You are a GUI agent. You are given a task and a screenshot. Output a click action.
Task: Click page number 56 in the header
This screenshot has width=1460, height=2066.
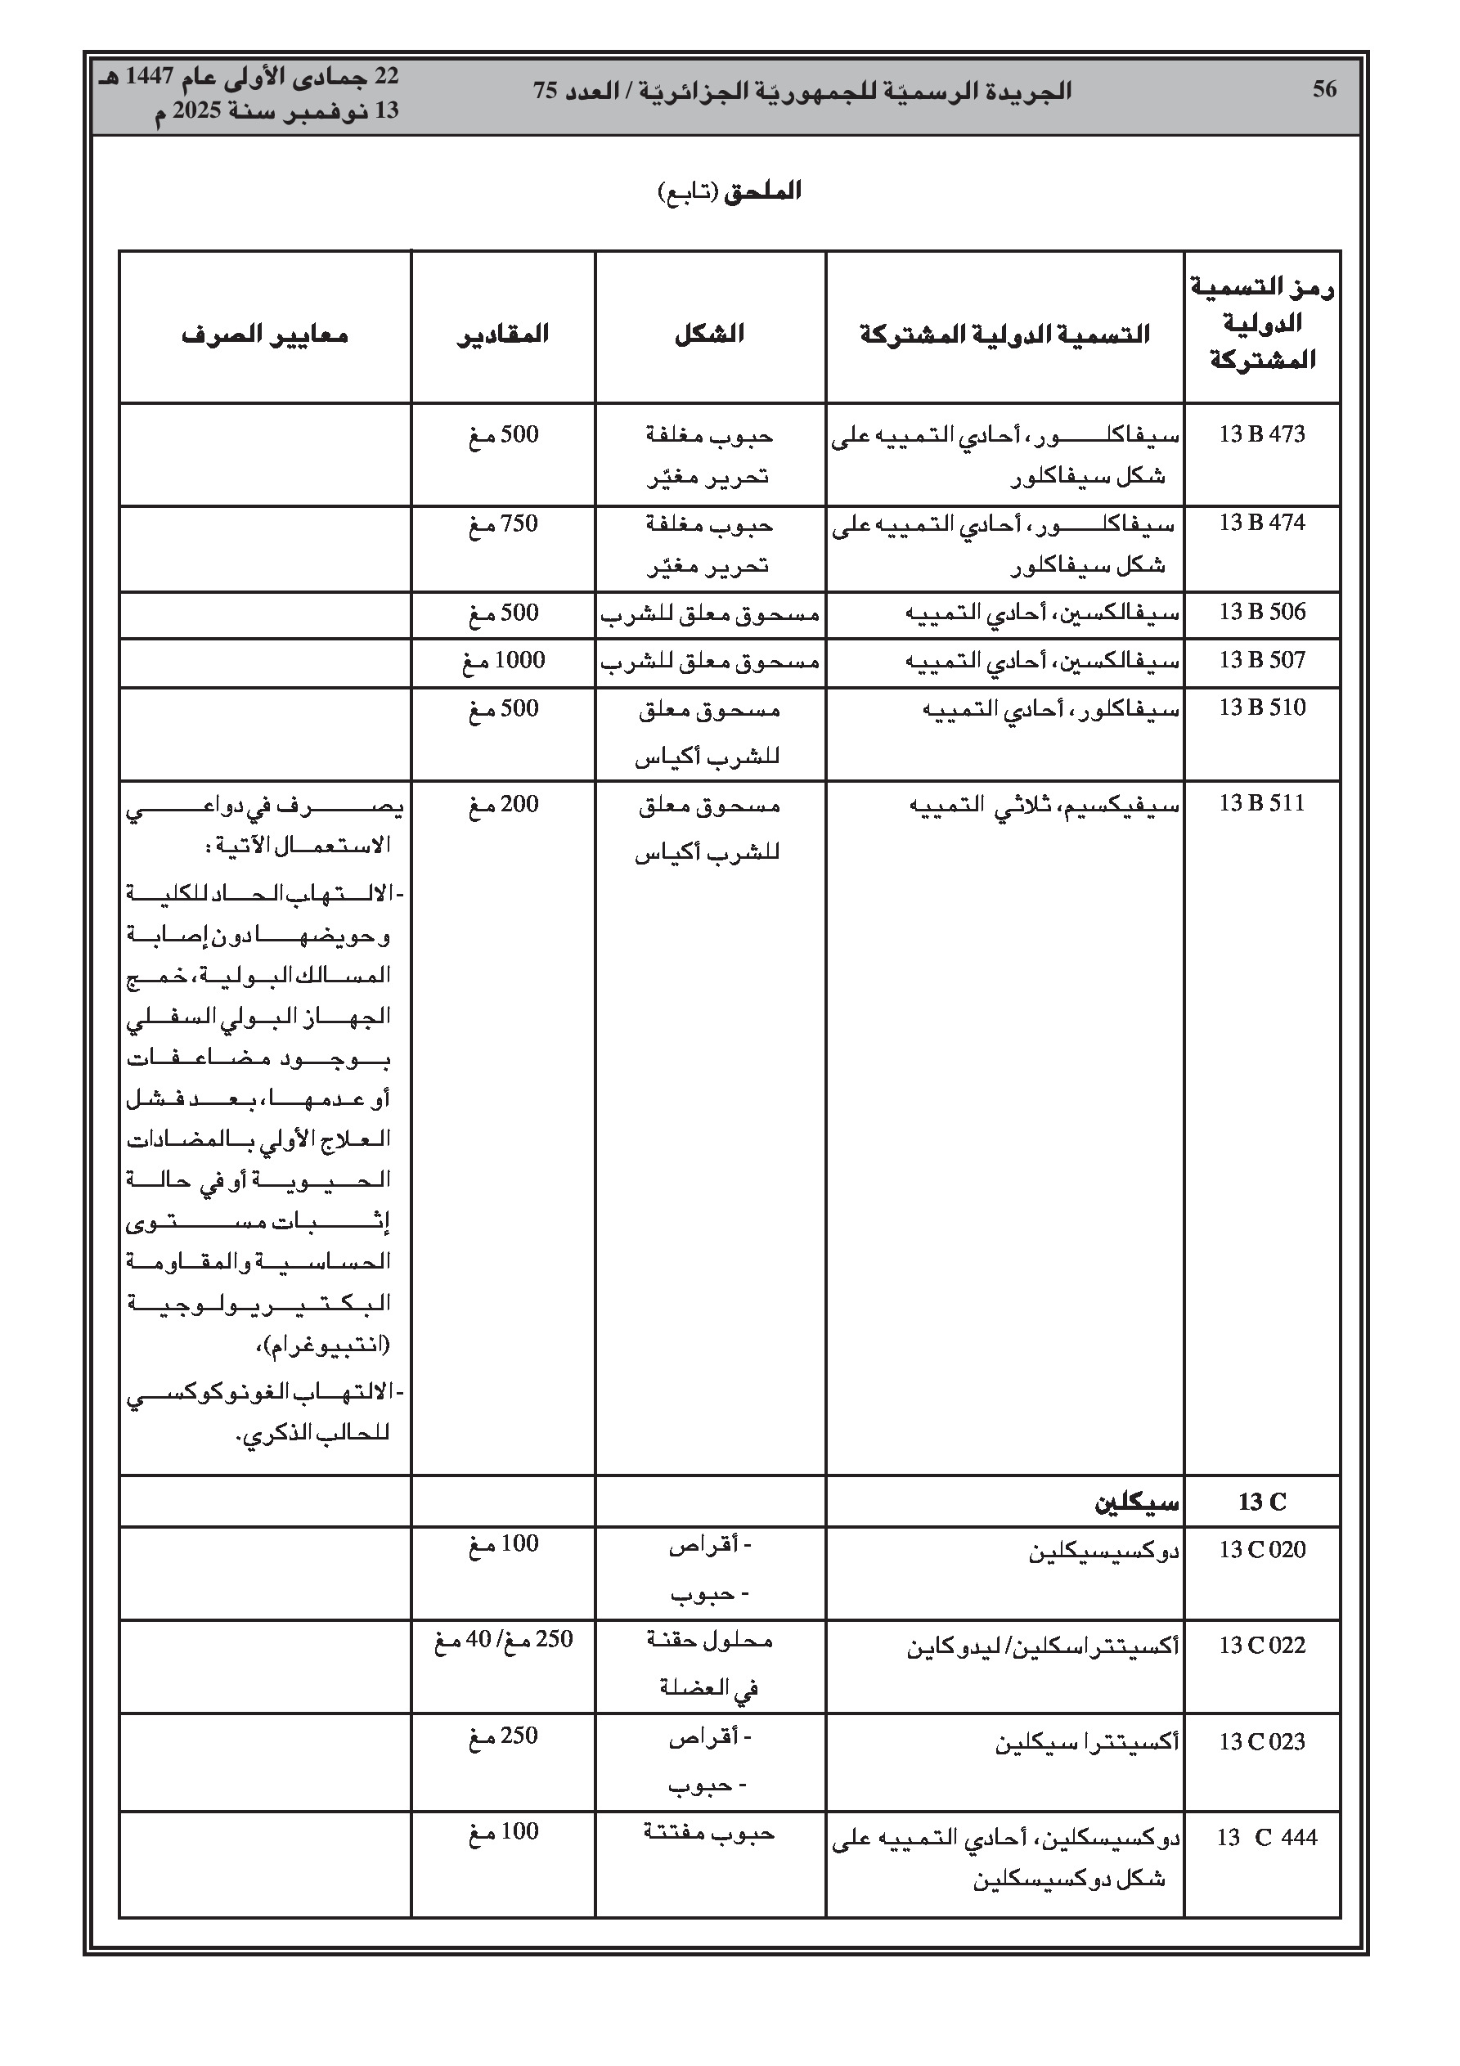pos(1324,89)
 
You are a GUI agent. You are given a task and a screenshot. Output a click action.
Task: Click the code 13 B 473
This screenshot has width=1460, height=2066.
pos(1261,434)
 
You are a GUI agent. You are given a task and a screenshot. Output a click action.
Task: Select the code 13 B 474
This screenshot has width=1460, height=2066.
pos(1261,523)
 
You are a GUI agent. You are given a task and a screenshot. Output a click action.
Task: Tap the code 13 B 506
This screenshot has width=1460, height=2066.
pos(1261,612)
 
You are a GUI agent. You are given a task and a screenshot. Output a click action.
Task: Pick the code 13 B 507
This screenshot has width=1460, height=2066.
pos(1261,661)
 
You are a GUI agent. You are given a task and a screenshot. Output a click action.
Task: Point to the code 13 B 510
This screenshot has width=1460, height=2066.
pos(1261,708)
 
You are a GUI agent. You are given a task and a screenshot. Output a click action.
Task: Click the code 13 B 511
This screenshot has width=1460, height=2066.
pos(1261,803)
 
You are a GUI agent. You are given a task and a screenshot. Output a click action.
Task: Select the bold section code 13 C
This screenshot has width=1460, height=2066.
pos(1262,1502)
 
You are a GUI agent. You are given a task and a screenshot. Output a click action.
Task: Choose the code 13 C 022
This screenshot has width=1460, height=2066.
pos(1261,1645)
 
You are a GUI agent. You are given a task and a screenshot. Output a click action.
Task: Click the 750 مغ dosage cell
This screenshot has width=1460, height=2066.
pos(502,523)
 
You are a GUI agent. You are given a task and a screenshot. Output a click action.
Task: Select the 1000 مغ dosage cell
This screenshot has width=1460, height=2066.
pos(502,662)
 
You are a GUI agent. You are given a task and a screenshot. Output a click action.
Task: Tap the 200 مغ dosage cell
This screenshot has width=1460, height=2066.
pos(502,805)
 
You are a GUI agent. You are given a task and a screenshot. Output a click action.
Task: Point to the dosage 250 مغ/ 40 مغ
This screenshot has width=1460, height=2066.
pos(503,1640)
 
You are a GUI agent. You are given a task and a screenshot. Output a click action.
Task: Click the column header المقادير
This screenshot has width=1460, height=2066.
pos(502,335)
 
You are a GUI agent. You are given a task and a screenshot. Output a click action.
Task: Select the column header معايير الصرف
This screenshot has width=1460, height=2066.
pos(265,335)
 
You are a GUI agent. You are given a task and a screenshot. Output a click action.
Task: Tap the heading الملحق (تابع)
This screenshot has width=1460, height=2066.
pos(729,191)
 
